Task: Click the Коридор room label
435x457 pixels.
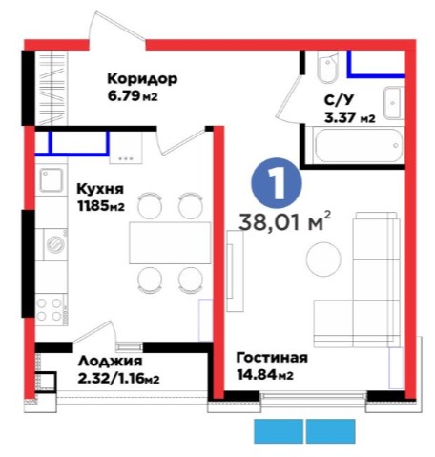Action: click(142, 79)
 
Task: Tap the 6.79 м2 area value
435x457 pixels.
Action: click(133, 95)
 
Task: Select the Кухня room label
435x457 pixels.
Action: click(100, 189)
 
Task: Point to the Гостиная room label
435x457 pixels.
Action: click(272, 358)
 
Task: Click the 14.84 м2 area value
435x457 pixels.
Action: click(265, 375)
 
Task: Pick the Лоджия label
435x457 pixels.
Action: click(110, 362)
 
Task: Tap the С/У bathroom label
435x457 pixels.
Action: click(339, 100)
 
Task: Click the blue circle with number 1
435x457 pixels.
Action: click(277, 183)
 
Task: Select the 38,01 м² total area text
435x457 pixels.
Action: click(285, 221)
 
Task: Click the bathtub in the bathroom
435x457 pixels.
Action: click(359, 146)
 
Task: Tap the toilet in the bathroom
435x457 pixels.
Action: click(328, 67)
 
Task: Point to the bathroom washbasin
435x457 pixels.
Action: click(394, 103)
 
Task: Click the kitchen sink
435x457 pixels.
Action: click(51, 180)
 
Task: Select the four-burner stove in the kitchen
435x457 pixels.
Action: click(51, 309)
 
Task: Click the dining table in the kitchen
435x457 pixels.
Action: click(170, 243)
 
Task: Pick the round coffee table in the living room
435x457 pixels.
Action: click(323, 259)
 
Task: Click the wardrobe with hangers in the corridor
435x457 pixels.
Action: click(52, 88)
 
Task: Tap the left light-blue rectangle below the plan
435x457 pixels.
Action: click(279, 431)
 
